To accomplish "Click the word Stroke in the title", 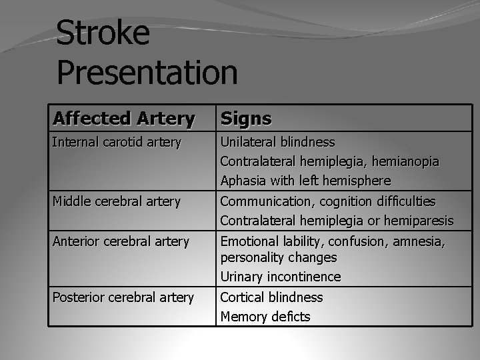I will (x=103, y=33).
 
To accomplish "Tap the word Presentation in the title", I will (x=147, y=72).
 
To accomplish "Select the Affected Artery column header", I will (x=123, y=119).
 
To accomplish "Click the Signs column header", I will (x=246, y=119).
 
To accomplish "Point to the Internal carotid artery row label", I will (x=117, y=142).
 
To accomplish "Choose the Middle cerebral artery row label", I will (x=116, y=201).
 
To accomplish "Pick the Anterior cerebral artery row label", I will (x=121, y=241).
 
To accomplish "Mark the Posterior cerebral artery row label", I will (x=123, y=297).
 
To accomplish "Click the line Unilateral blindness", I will (x=277, y=142).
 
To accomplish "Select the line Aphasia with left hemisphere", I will (x=305, y=181).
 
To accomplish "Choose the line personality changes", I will (x=279, y=257).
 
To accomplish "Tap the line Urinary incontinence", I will (x=280, y=277).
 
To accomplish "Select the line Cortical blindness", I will (x=271, y=297).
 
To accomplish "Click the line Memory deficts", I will (x=265, y=317).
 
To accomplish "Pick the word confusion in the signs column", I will (x=357, y=241).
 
